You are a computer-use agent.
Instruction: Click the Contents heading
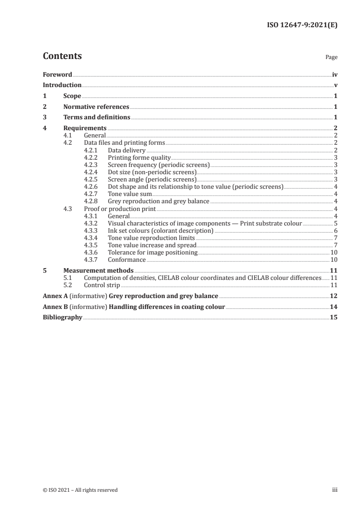click(x=62, y=56)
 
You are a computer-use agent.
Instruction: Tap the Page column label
click(x=331, y=58)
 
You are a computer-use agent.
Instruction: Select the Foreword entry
click(x=57, y=74)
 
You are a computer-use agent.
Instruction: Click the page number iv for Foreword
click(x=335, y=74)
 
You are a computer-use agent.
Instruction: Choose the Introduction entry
click(x=62, y=85)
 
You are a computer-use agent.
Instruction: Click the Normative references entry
click(x=96, y=107)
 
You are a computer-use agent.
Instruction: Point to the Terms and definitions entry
click(x=97, y=117)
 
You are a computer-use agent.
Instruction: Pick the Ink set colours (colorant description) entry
click(x=161, y=230)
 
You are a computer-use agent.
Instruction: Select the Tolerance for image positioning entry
click(x=153, y=253)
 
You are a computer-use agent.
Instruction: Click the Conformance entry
click(x=127, y=260)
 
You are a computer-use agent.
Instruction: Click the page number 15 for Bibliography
click(x=334, y=318)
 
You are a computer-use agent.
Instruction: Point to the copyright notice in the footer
click(x=80, y=490)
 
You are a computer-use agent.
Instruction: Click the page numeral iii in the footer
click(x=335, y=490)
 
